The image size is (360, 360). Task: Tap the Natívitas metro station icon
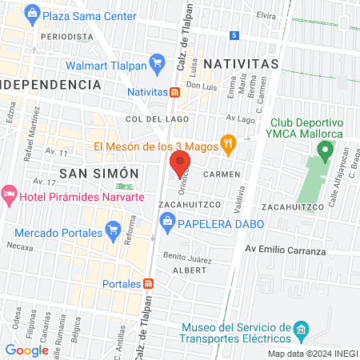tap(174, 92)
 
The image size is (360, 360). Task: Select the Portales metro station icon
tap(149, 284)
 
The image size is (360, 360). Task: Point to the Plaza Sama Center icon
tap(31, 13)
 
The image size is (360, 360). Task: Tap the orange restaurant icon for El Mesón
tap(228, 146)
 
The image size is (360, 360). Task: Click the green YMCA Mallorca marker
tap(325, 150)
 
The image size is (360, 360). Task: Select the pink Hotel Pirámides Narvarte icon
tap(10, 195)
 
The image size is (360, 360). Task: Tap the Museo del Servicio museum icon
tap(301, 329)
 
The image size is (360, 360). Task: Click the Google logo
tap(26, 350)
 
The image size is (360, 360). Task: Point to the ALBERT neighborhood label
tap(190, 271)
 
